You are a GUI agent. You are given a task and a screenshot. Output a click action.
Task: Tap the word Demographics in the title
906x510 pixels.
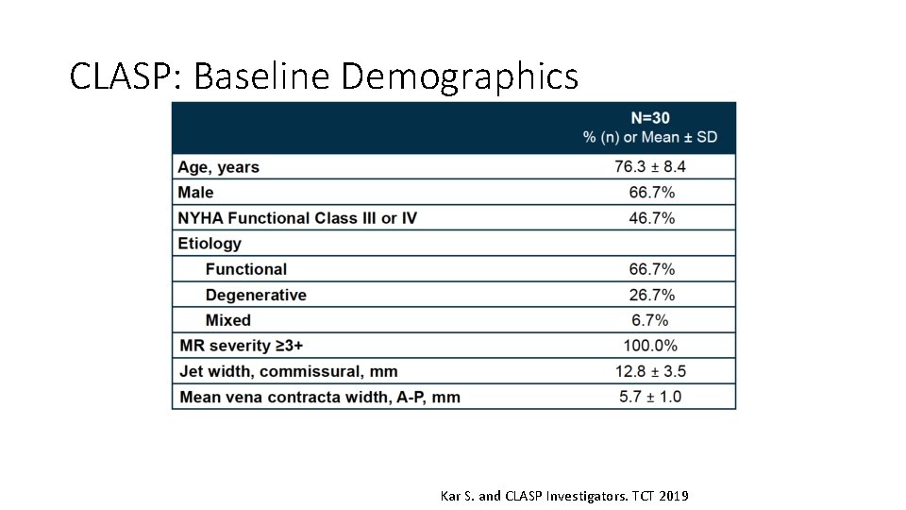click(x=459, y=76)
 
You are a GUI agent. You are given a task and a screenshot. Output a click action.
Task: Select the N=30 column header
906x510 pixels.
click(x=650, y=118)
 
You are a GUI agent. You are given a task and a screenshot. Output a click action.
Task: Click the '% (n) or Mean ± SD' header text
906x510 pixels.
click(x=650, y=137)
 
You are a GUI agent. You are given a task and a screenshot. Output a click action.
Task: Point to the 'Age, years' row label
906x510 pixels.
click(x=218, y=167)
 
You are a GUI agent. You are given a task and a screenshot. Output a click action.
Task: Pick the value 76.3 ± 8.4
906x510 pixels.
click(x=650, y=167)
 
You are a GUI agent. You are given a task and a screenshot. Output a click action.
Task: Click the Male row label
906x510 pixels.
click(x=195, y=193)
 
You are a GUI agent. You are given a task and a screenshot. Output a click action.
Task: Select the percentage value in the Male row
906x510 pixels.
click(x=650, y=193)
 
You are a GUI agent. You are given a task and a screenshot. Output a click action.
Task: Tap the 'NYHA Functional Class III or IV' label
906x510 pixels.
click(x=297, y=218)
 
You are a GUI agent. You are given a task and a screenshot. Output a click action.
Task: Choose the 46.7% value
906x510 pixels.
click(x=650, y=218)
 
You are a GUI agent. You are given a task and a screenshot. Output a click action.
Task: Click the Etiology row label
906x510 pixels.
click(x=210, y=244)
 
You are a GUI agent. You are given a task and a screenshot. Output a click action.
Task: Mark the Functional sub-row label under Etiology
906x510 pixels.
click(x=245, y=269)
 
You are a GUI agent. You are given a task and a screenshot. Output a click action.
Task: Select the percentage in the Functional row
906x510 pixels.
click(x=650, y=269)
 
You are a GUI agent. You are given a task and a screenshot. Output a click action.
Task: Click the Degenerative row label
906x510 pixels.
click(x=256, y=295)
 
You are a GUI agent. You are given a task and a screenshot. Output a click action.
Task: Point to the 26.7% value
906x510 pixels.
click(x=650, y=295)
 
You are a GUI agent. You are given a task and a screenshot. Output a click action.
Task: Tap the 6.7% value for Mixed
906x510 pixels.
click(x=650, y=320)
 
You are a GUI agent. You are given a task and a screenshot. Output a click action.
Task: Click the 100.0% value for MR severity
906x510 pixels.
click(x=650, y=346)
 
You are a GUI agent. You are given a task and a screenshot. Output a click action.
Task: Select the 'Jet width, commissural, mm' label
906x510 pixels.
click(x=287, y=371)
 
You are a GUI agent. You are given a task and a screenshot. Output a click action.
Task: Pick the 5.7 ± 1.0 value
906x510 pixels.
click(x=650, y=397)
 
